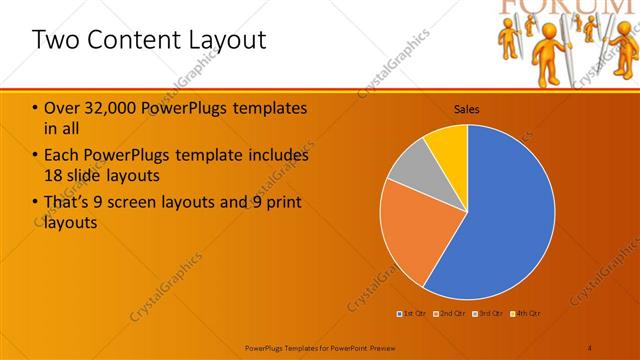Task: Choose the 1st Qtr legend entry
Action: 413,314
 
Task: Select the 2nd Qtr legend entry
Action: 451,314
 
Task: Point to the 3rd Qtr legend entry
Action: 488,314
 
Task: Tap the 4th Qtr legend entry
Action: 526,314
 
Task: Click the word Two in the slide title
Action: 54,40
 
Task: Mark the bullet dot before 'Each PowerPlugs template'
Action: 36,156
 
